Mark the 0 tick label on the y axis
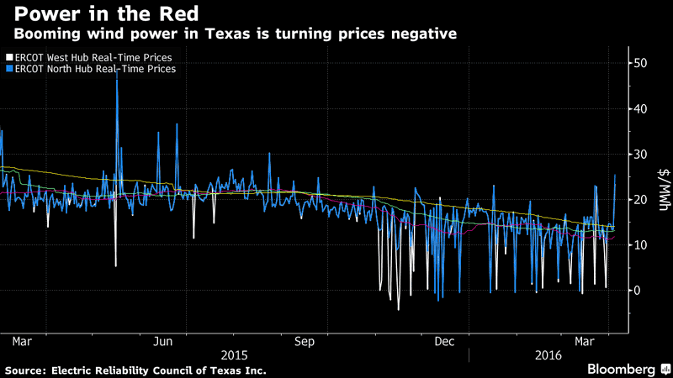coord(637,291)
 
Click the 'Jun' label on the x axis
coord(163,341)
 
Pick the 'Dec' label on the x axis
coord(444,341)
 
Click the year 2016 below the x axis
coord(549,356)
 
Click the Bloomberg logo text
coord(620,370)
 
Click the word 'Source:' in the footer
coord(28,370)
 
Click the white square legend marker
coord(8,57)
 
